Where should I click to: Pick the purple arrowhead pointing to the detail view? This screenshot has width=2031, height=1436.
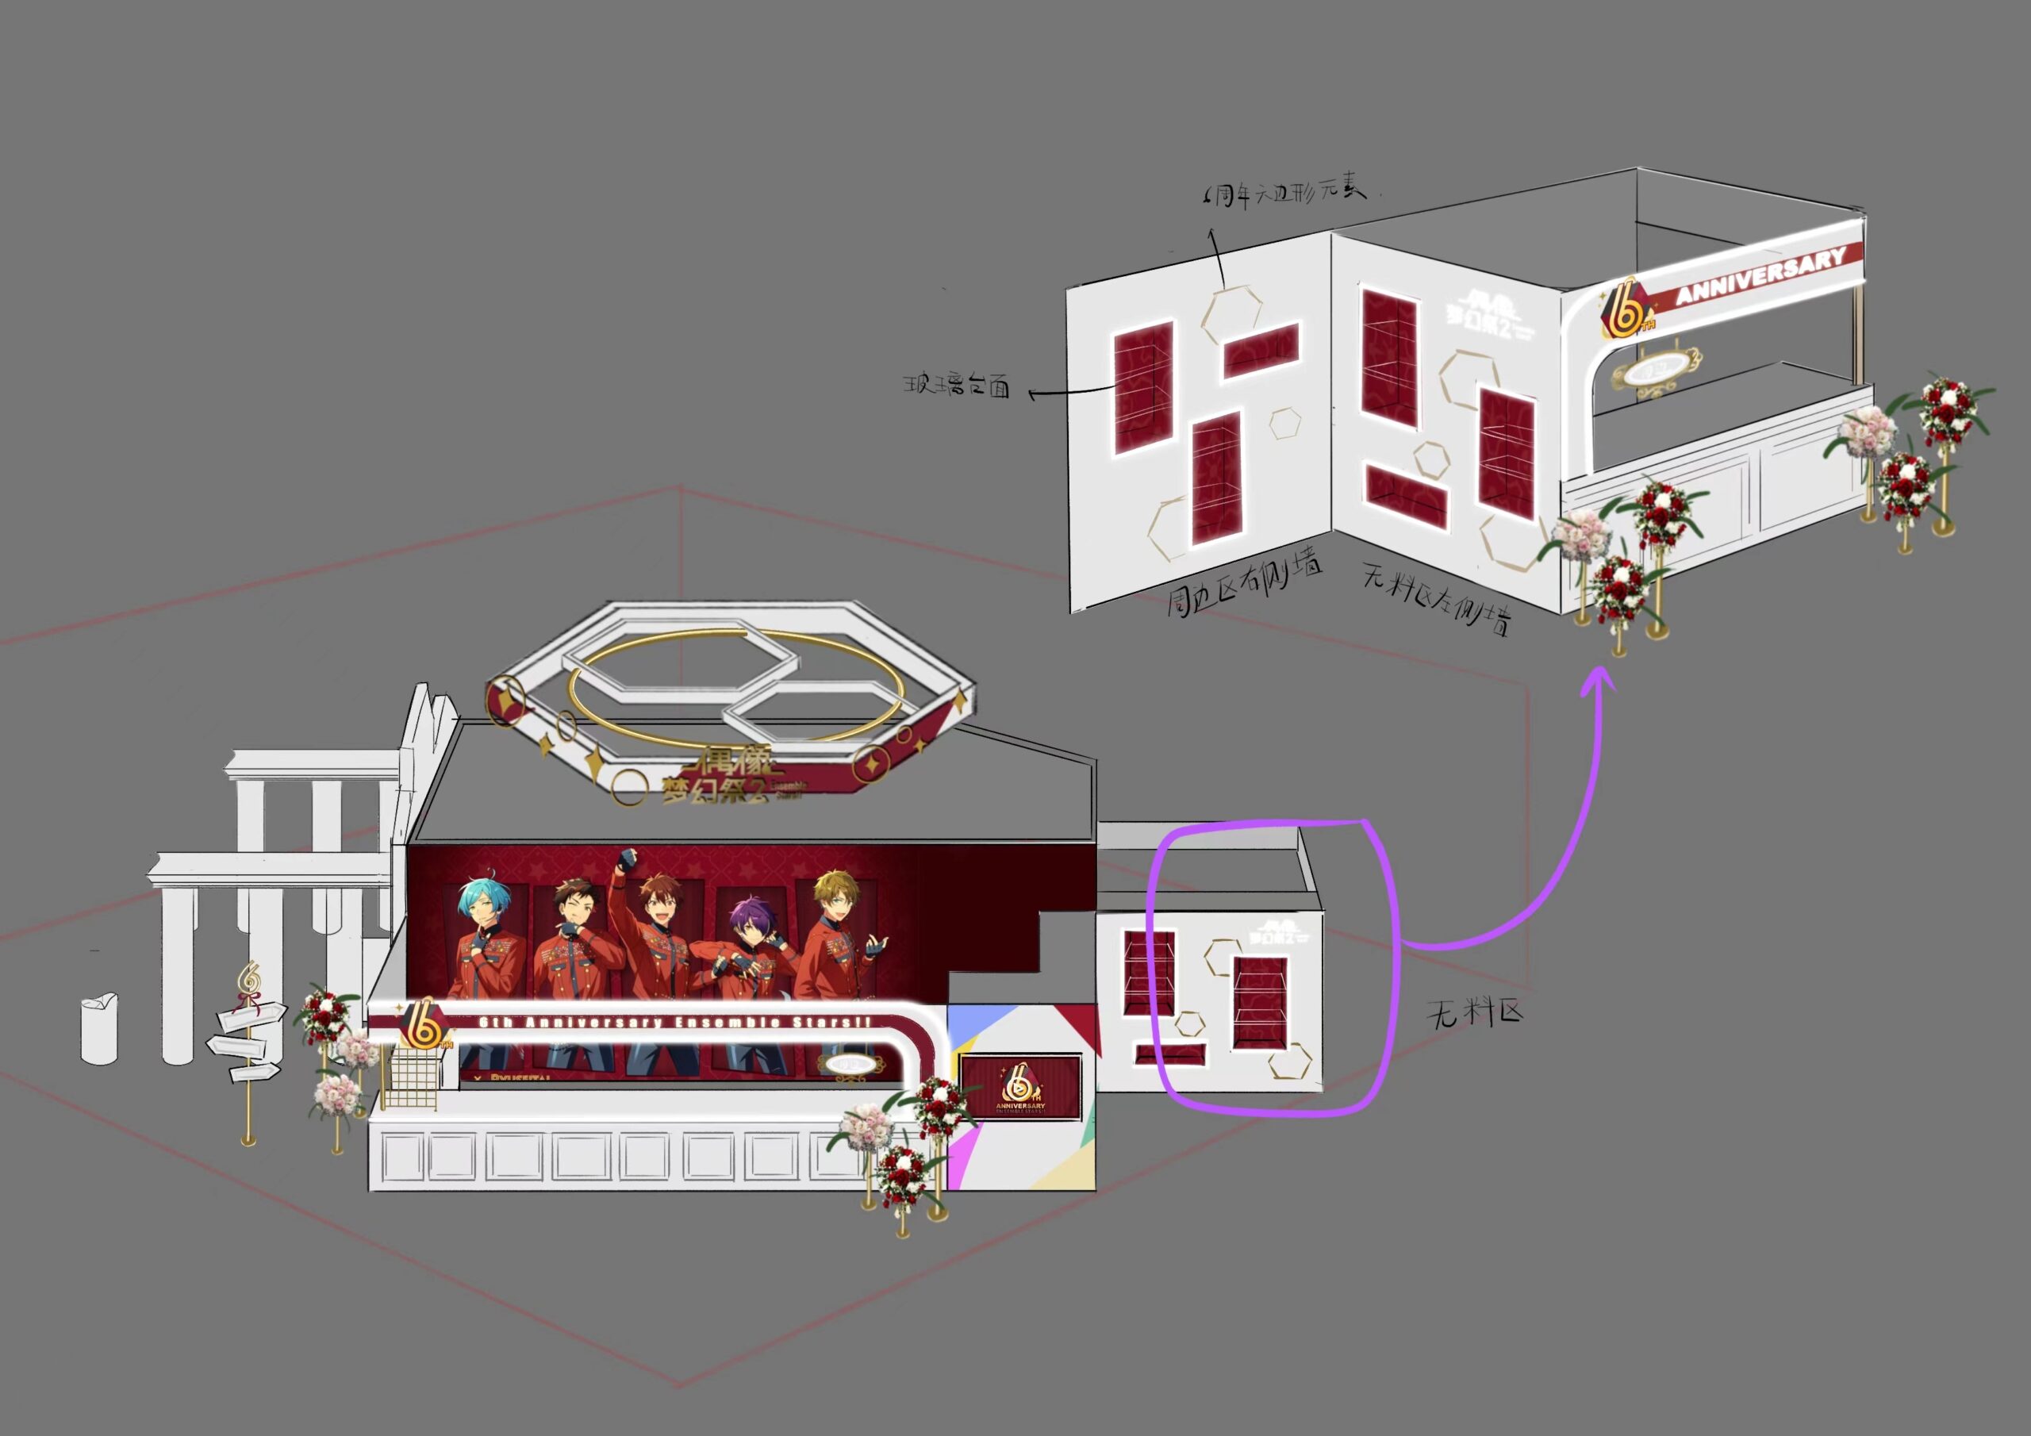(1598, 682)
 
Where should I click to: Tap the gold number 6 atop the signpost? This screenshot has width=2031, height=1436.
(249, 980)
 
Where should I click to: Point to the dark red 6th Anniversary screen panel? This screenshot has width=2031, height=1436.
(1020, 1085)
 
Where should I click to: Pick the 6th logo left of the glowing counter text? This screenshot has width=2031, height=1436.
(424, 1027)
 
